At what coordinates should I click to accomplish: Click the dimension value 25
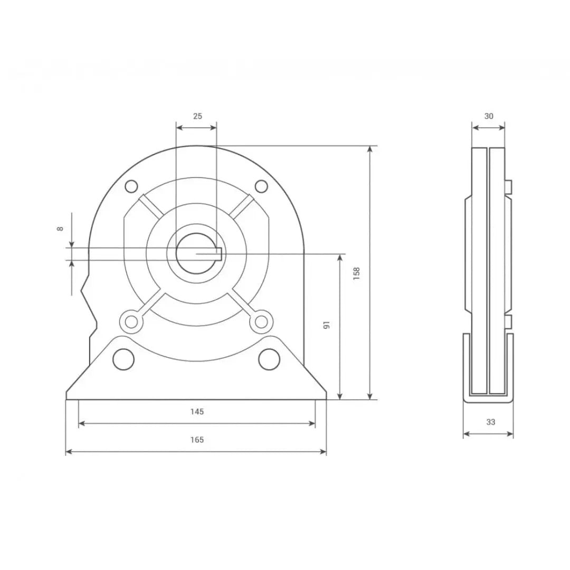(x=197, y=116)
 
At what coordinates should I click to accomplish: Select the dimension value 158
(x=356, y=273)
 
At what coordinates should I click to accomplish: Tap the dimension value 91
(x=327, y=325)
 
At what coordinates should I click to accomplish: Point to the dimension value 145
(x=197, y=412)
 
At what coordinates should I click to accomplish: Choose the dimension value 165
(x=197, y=440)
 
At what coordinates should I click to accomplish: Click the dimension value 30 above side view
(x=489, y=116)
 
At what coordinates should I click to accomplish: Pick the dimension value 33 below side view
(x=491, y=422)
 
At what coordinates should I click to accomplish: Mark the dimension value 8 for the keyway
(x=60, y=229)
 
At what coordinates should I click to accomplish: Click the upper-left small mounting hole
(x=131, y=186)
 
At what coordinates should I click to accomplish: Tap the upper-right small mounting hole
(x=261, y=186)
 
